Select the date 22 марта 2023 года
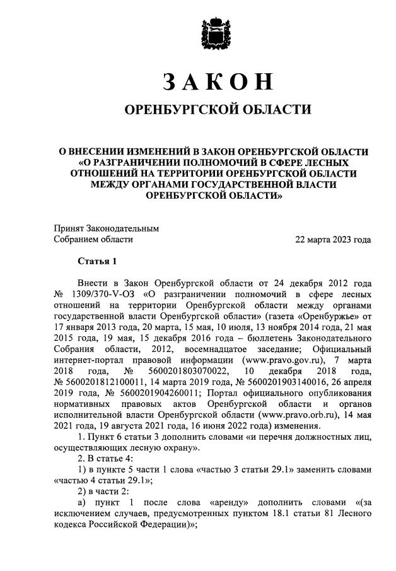coord(333,240)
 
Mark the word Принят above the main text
coord(68,228)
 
